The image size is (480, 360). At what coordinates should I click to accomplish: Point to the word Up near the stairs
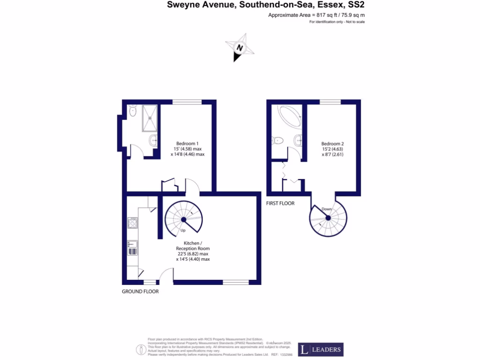click(x=184, y=231)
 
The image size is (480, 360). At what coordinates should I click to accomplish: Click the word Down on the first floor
click(x=327, y=209)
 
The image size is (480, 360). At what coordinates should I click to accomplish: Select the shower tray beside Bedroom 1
click(x=150, y=118)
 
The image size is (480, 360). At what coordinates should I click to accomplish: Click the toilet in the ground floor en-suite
click(x=133, y=112)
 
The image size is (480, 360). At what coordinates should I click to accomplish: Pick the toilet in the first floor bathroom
click(x=277, y=140)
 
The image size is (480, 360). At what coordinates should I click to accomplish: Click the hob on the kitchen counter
click(x=133, y=223)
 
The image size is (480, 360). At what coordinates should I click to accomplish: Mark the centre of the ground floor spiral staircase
click(x=183, y=219)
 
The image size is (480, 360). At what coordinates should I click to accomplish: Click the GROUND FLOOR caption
click(x=140, y=291)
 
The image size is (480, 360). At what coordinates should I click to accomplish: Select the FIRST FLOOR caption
click(x=280, y=203)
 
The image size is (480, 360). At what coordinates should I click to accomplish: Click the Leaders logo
click(x=321, y=349)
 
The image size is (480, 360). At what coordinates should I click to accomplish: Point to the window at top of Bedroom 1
click(x=187, y=102)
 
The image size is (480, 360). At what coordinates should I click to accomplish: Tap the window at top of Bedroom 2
click(x=330, y=102)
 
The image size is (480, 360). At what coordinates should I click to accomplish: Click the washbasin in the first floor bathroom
click(x=298, y=139)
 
